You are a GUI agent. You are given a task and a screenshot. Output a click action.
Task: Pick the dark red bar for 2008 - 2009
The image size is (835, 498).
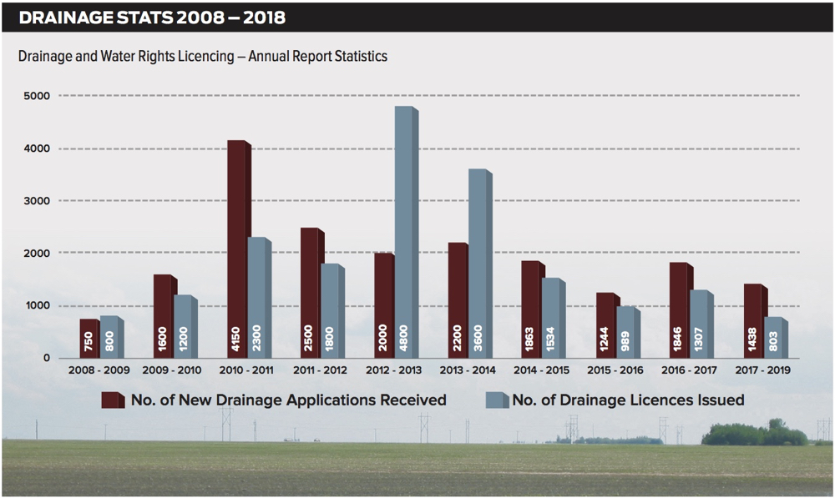(89, 338)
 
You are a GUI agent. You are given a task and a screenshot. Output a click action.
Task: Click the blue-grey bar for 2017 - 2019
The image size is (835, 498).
(774, 337)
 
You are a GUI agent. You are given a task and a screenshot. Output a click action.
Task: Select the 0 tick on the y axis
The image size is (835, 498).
(47, 358)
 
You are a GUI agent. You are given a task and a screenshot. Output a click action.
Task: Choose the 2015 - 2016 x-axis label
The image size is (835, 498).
(615, 370)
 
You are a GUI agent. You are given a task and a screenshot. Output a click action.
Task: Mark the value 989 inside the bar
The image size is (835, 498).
(626, 340)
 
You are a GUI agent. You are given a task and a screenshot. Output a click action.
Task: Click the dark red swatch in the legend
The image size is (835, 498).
(113, 400)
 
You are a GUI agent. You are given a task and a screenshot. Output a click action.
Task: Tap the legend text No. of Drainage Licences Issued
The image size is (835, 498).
(628, 400)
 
